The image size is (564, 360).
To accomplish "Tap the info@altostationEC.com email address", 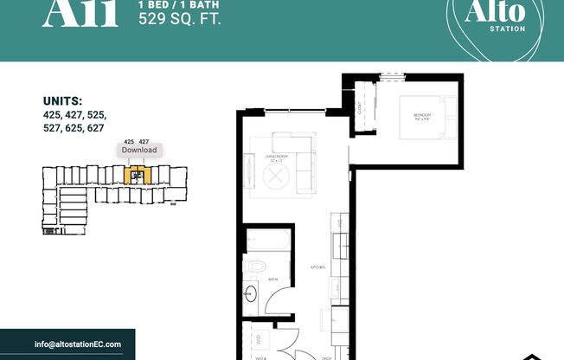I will tap(78, 344).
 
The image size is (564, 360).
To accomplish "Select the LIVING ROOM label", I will tap(277, 158).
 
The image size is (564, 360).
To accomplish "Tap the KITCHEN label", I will tap(317, 268).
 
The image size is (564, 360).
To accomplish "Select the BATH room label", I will tap(272, 280).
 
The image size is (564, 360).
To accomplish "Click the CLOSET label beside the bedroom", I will tap(359, 109).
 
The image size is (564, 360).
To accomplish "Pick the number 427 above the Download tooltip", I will tap(144, 140).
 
